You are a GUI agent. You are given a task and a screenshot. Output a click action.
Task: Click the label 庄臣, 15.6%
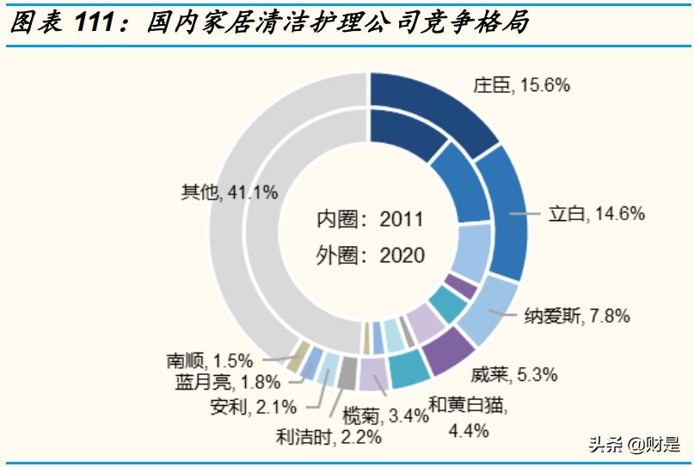[x=521, y=85]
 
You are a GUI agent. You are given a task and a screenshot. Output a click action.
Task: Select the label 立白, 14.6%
[x=596, y=214]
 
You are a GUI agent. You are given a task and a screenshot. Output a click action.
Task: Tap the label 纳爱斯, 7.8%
[x=577, y=316]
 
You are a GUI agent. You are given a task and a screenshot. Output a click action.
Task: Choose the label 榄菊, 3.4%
[x=385, y=416]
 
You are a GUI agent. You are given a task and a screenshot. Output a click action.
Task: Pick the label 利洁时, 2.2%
[x=329, y=437]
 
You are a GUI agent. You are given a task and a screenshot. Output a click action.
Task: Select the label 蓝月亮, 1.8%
[x=215, y=382]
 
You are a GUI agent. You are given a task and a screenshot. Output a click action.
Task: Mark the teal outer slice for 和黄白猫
[x=409, y=370]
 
